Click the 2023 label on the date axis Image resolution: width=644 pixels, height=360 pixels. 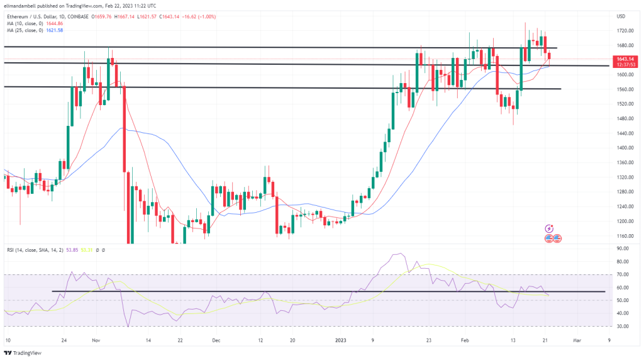click(340, 340)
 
